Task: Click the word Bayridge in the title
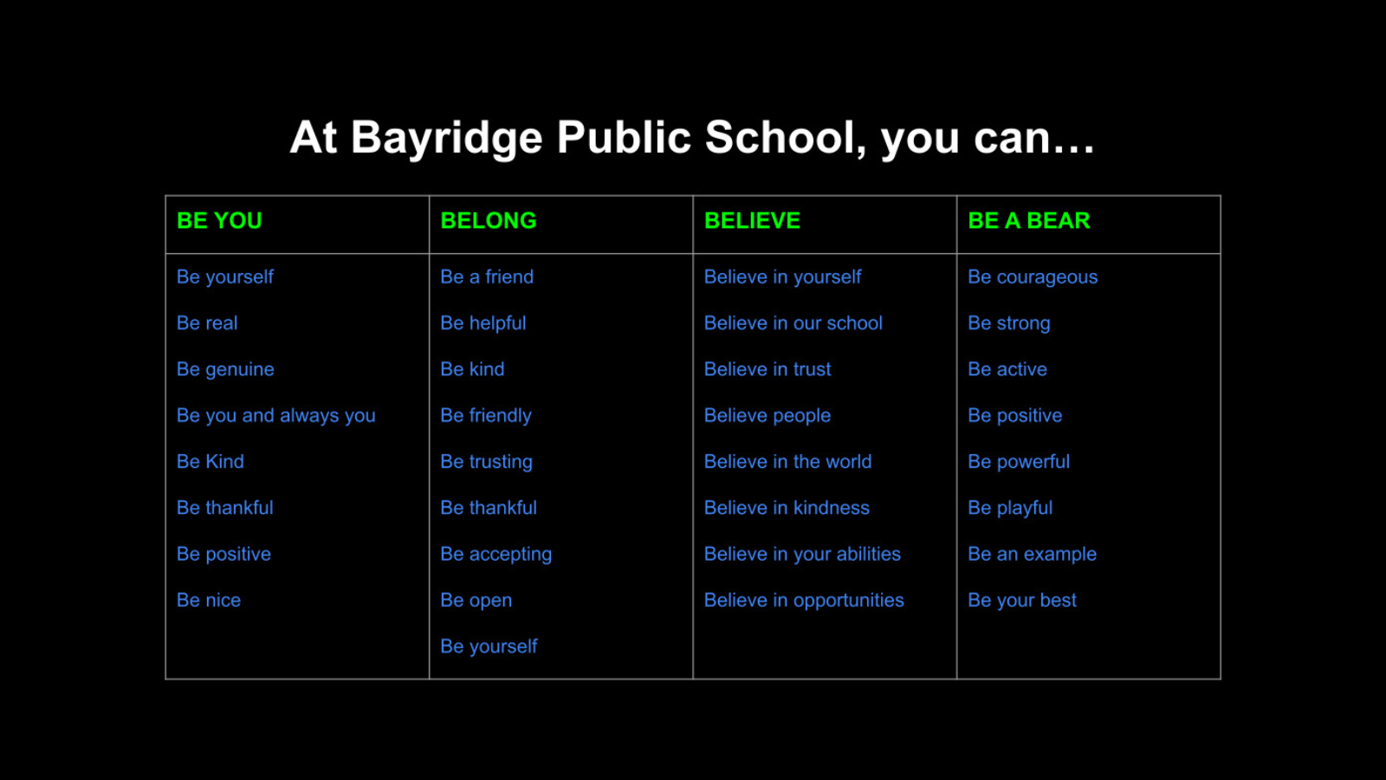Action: click(446, 139)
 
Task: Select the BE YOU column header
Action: click(219, 221)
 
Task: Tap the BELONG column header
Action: click(489, 221)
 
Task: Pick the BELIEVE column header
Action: click(752, 221)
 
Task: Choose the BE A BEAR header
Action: click(1028, 221)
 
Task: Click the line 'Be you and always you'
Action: click(275, 416)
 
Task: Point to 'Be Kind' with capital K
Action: click(210, 462)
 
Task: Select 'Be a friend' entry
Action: click(487, 277)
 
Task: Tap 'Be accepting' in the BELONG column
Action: click(495, 555)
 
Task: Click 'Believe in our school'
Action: click(793, 323)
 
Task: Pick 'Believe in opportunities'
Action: click(803, 601)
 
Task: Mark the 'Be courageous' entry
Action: click(1033, 277)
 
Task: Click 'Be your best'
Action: click(1021, 601)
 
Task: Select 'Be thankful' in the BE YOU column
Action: click(224, 508)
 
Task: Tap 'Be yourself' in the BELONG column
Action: click(489, 647)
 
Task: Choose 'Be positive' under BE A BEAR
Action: click(1014, 416)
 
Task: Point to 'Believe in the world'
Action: click(787, 462)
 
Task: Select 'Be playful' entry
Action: click(1010, 508)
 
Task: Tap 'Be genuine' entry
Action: click(225, 370)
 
